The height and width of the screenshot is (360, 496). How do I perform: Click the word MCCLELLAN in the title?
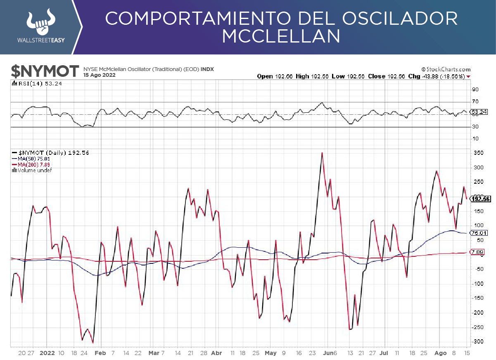[x=281, y=36]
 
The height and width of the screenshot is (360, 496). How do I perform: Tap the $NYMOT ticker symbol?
[x=45, y=71]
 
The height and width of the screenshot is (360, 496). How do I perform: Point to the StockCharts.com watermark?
[x=446, y=69]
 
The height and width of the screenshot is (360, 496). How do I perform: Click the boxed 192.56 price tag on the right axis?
[x=481, y=199]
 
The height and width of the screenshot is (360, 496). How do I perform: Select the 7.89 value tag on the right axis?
[x=477, y=252]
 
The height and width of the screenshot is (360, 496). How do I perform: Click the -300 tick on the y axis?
[x=477, y=341]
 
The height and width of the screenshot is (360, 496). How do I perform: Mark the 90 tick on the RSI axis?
[x=475, y=89]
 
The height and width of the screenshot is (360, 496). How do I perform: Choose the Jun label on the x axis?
[x=328, y=353]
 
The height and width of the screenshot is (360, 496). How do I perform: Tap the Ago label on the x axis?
[x=440, y=353]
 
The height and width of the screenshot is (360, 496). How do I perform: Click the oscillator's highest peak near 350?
[x=322, y=153]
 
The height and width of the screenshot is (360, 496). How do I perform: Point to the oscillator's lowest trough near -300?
[x=93, y=343]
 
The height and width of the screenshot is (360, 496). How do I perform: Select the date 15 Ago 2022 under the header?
[x=100, y=76]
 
